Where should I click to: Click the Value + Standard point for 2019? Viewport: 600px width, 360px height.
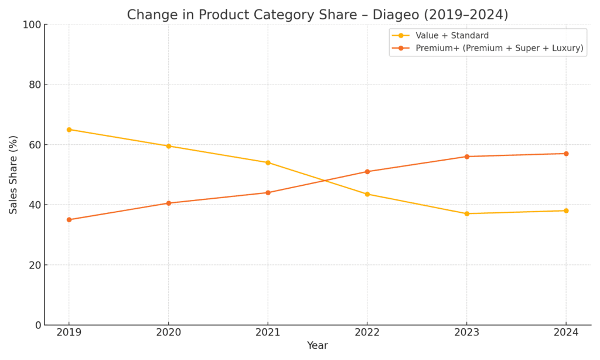[69, 130]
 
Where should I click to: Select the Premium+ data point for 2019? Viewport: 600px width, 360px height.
[69, 220]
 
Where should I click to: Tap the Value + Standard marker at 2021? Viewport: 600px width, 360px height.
[268, 162]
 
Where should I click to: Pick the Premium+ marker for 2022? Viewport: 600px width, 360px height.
[367, 172]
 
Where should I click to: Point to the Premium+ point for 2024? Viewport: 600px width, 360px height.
[566, 154]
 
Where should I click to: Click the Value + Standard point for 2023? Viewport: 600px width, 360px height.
[467, 213]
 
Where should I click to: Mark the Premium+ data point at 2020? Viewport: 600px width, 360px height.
[169, 203]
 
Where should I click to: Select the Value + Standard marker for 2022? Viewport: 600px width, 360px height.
[367, 194]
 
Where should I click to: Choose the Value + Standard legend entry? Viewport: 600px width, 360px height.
[452, 36]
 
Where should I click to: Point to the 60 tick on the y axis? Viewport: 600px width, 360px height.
[35, 145]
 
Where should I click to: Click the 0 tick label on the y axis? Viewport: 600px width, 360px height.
[37, 325]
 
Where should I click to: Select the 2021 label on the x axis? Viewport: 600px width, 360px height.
[268, 332]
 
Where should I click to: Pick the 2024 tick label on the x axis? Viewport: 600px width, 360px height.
[566, 332]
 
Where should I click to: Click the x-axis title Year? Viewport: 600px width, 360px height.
[318, 346]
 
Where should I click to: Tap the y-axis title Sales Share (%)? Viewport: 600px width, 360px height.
[13, 175]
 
